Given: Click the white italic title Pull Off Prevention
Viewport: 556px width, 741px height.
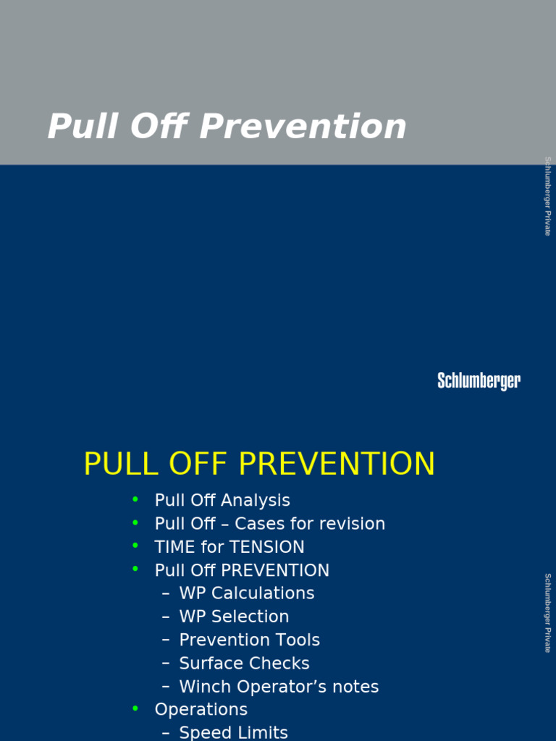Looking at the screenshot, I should point(227,127).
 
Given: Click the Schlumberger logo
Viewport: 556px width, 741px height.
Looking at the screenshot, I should point(479,381).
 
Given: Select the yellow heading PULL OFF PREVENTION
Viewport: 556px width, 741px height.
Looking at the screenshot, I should point(259,464).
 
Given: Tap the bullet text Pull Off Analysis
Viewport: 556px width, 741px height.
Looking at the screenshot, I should point(222,500).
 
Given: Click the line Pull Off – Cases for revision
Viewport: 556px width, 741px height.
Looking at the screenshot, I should point(269,523).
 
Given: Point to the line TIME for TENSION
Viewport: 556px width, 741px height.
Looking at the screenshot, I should point(229,546).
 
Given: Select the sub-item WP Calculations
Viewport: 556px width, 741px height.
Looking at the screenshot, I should point(246,593).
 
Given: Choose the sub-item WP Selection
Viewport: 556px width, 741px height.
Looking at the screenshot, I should point(234,617).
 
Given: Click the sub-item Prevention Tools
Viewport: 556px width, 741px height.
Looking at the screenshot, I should point(249,640).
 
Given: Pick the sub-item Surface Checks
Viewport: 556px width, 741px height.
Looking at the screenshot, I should point(244,663).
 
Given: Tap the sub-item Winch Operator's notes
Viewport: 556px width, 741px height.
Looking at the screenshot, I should point(279,687).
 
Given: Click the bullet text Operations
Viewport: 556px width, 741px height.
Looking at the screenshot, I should point(201,709).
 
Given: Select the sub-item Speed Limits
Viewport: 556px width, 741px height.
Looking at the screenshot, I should point(233,732).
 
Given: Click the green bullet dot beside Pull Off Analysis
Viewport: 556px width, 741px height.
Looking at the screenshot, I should point(135,499).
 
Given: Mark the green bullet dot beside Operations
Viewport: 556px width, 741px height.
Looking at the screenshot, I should point(135,708).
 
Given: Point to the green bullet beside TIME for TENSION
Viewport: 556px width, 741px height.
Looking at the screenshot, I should point(135,546).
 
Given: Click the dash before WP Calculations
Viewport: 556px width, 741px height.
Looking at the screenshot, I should point(167,593).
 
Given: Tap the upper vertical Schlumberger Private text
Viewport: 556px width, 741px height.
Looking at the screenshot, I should point(548,195).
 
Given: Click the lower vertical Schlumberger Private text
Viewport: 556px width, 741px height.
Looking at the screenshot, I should point(548,612).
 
